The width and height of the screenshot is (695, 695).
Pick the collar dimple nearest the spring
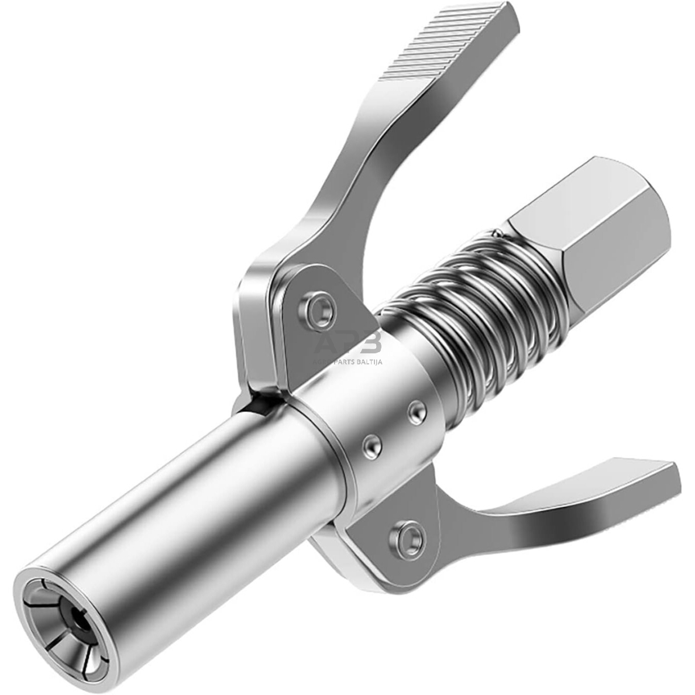click(417, 412)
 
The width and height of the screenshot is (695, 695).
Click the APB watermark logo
click(349, 345)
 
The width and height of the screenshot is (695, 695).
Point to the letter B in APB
click(370, 344)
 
